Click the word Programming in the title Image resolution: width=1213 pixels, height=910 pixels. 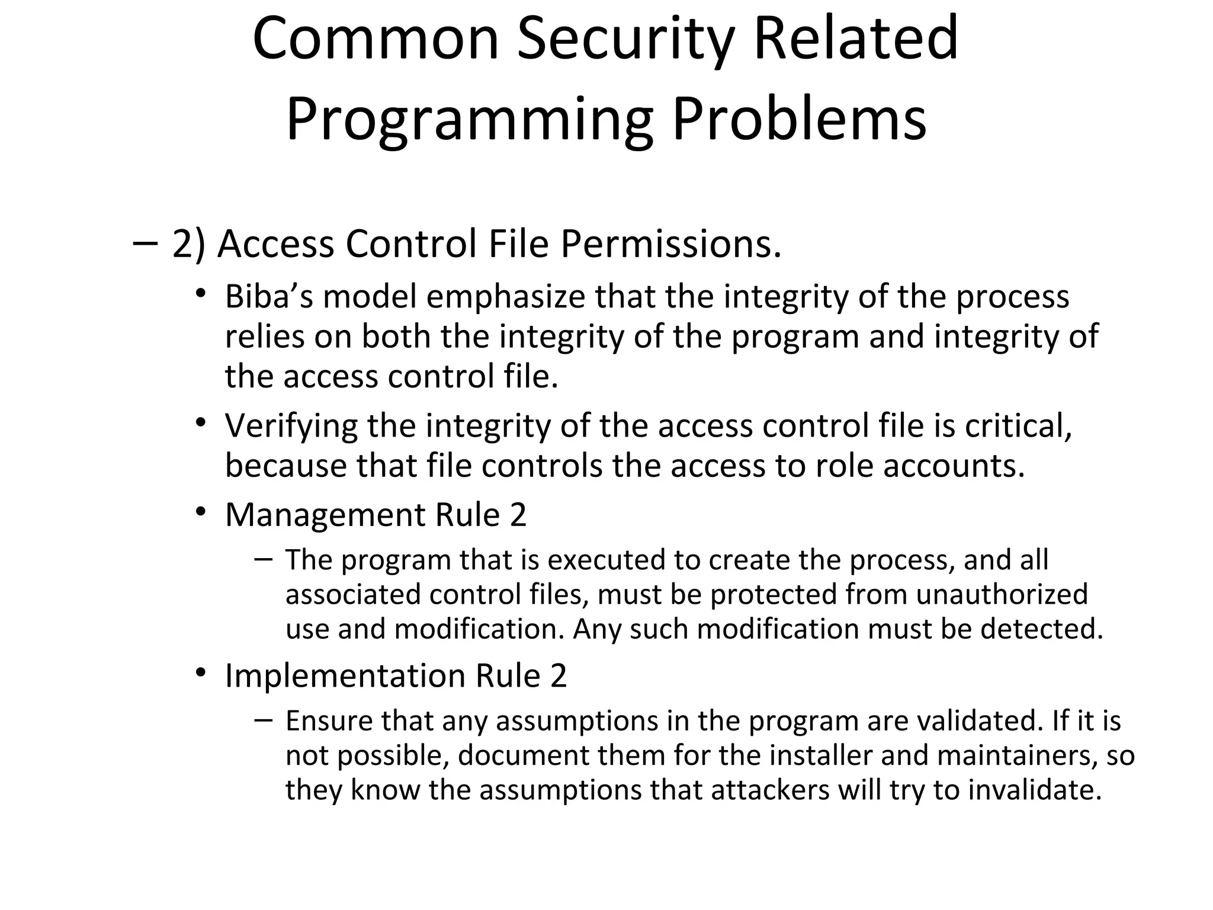coord(470,120)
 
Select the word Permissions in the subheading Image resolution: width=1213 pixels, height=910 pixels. coord(670,244)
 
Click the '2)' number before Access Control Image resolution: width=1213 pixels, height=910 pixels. coord(189,244)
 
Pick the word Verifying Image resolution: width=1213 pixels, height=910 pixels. coord(291,425)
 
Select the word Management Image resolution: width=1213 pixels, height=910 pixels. coord(325,514)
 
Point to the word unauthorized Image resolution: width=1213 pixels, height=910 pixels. coord(1002,594)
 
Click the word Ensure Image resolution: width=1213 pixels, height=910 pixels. coord(328,721)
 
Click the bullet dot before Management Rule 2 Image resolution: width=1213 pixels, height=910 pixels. coord(201,511)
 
